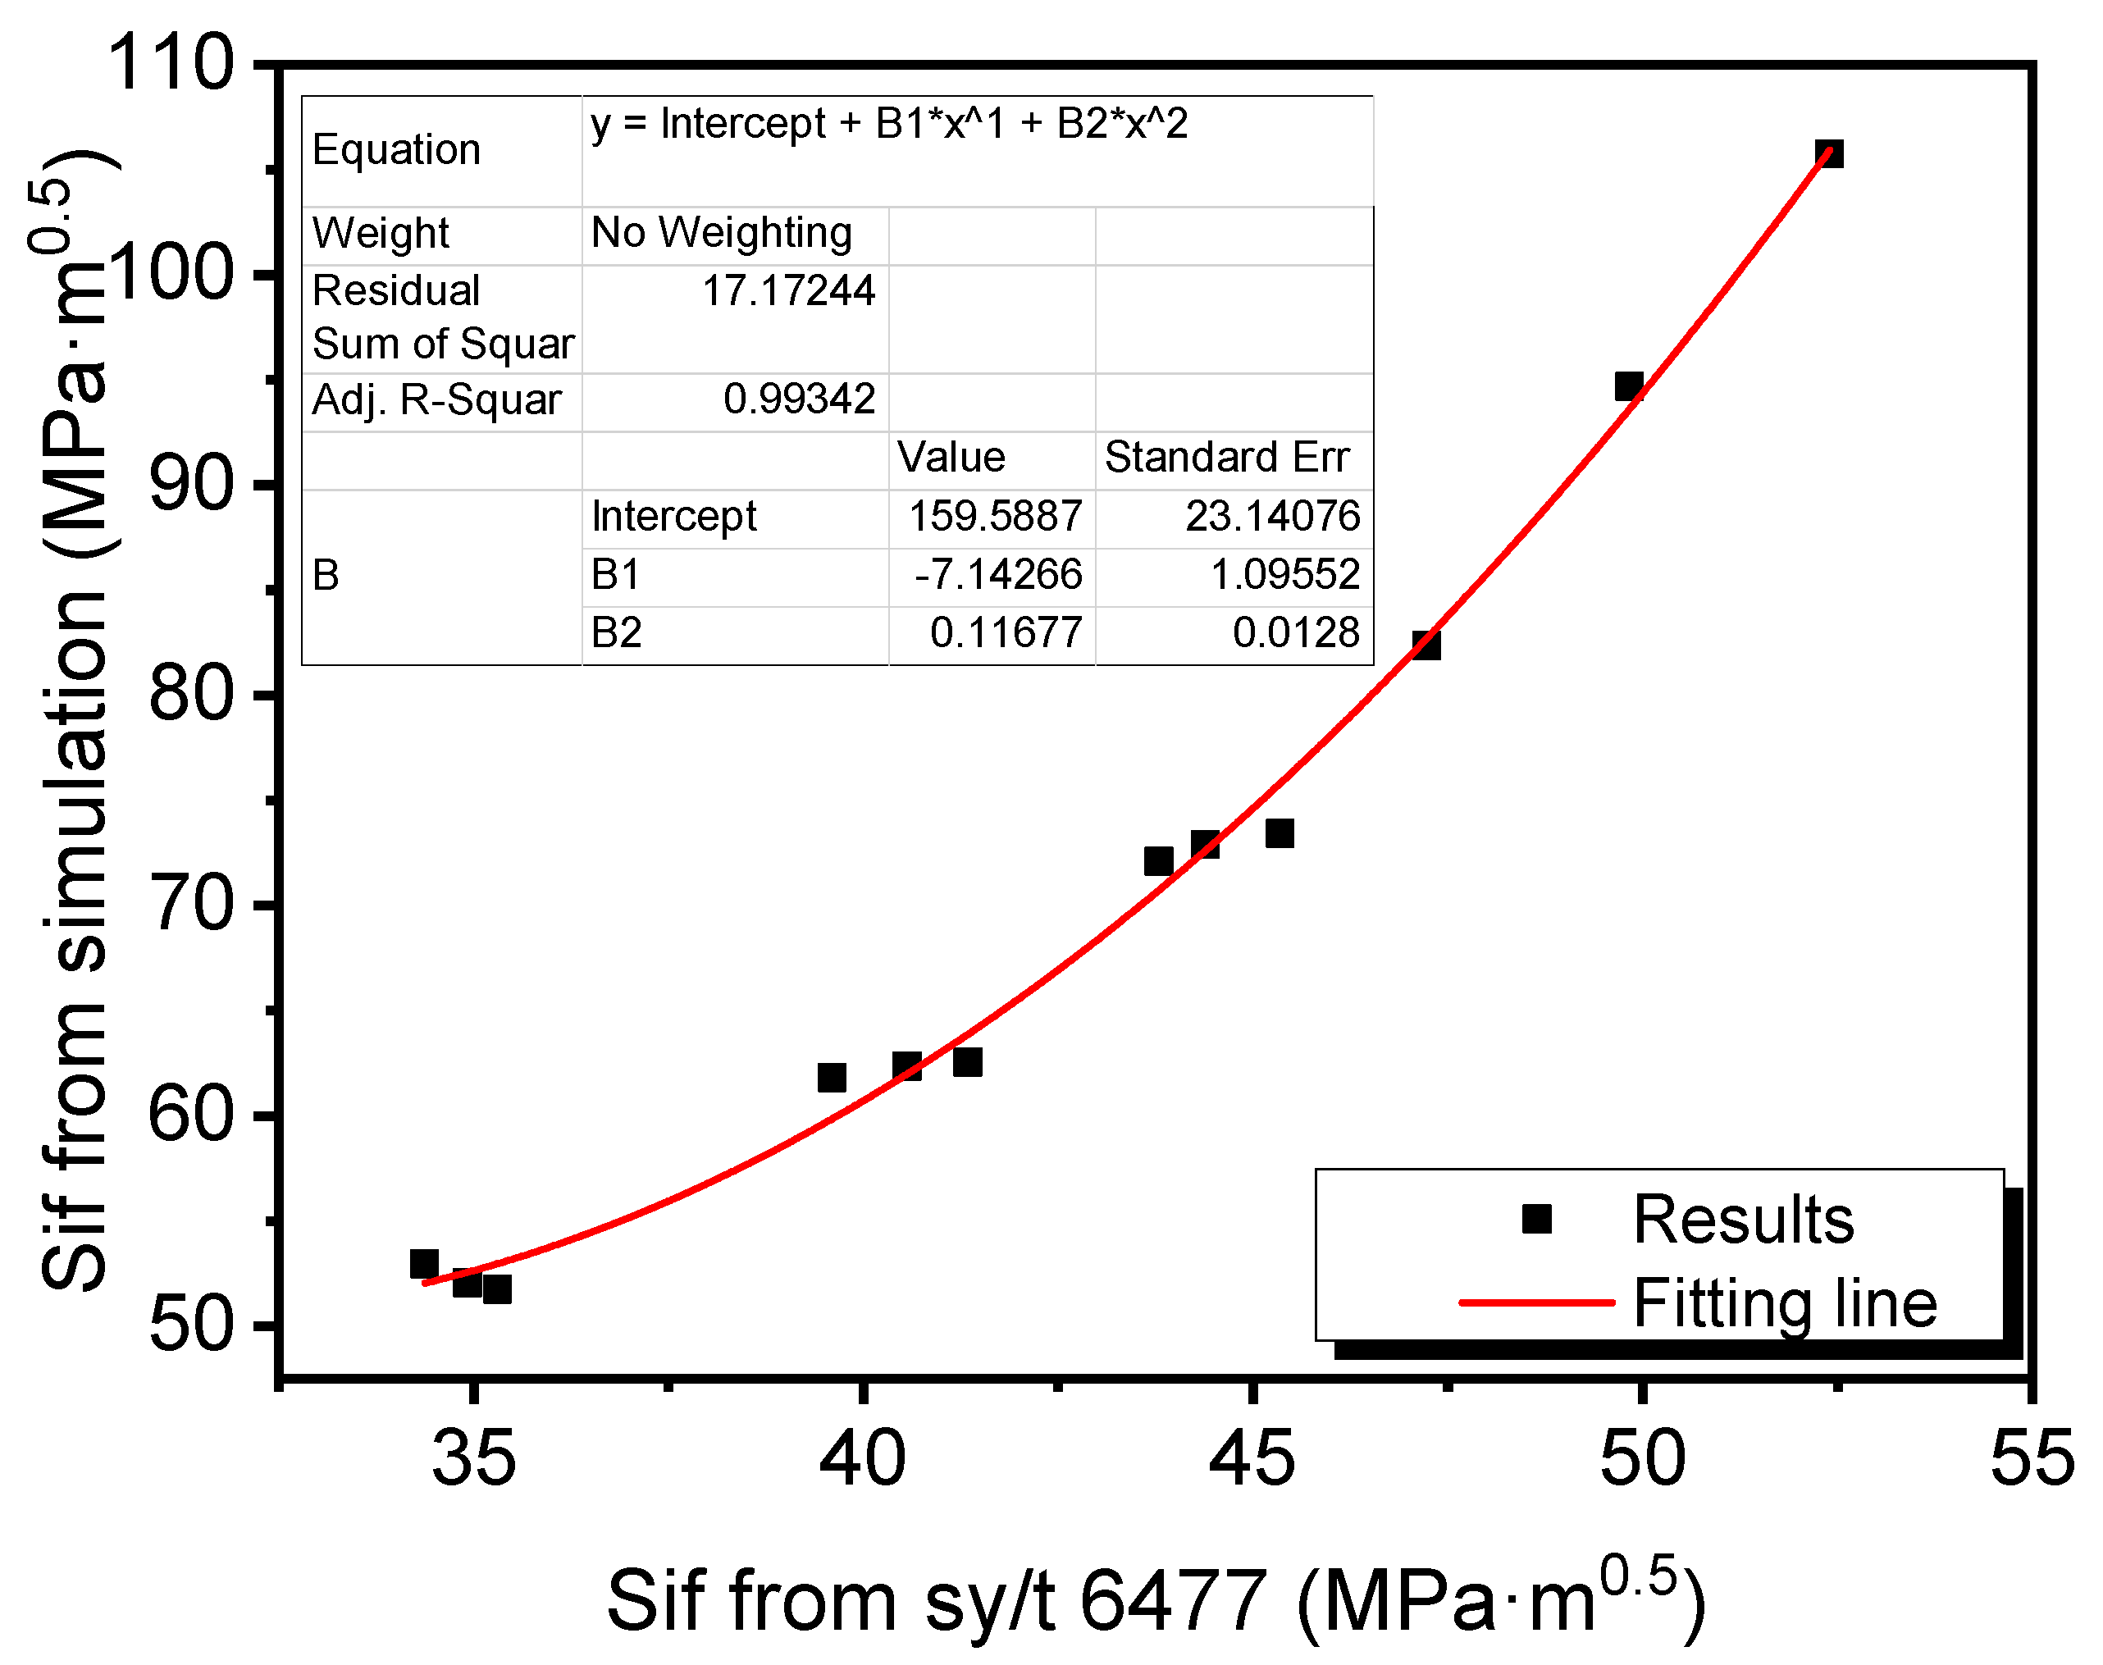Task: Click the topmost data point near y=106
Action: (1828, 153)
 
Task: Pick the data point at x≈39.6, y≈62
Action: (831, 1077)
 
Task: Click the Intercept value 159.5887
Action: (994, 516)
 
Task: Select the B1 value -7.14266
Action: (997, 574)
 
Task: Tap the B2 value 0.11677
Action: (1006, 632)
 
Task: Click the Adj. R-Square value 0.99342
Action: (799, 399)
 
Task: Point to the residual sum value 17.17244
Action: (787, 290)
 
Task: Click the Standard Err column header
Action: (1226, 457)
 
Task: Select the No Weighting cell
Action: (722, 233)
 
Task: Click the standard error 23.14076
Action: (1271, 516)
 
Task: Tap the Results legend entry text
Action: (1742, 1220)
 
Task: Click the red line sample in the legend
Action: (1535, 1302)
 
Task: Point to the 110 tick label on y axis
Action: (171, 62)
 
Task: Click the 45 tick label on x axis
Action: (1252, 1459)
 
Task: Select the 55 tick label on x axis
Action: (2032, 1459)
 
